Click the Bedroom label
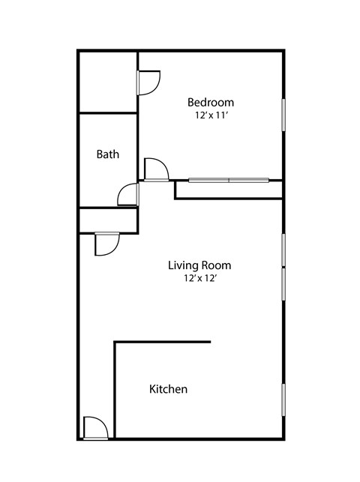211,103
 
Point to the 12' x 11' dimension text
211,115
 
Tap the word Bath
107,154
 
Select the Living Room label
199,265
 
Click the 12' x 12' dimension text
201,279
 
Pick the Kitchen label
168,389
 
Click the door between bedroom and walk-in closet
148,82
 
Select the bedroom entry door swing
157,169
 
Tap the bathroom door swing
128,194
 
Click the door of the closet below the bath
107,244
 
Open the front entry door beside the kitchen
96,428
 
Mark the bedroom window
283,115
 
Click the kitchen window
283,400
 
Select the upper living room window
283,250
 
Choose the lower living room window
283,284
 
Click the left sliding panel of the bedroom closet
209,180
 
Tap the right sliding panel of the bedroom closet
249,181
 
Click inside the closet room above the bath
108,82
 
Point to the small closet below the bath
108,220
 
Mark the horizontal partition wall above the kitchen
162,342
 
